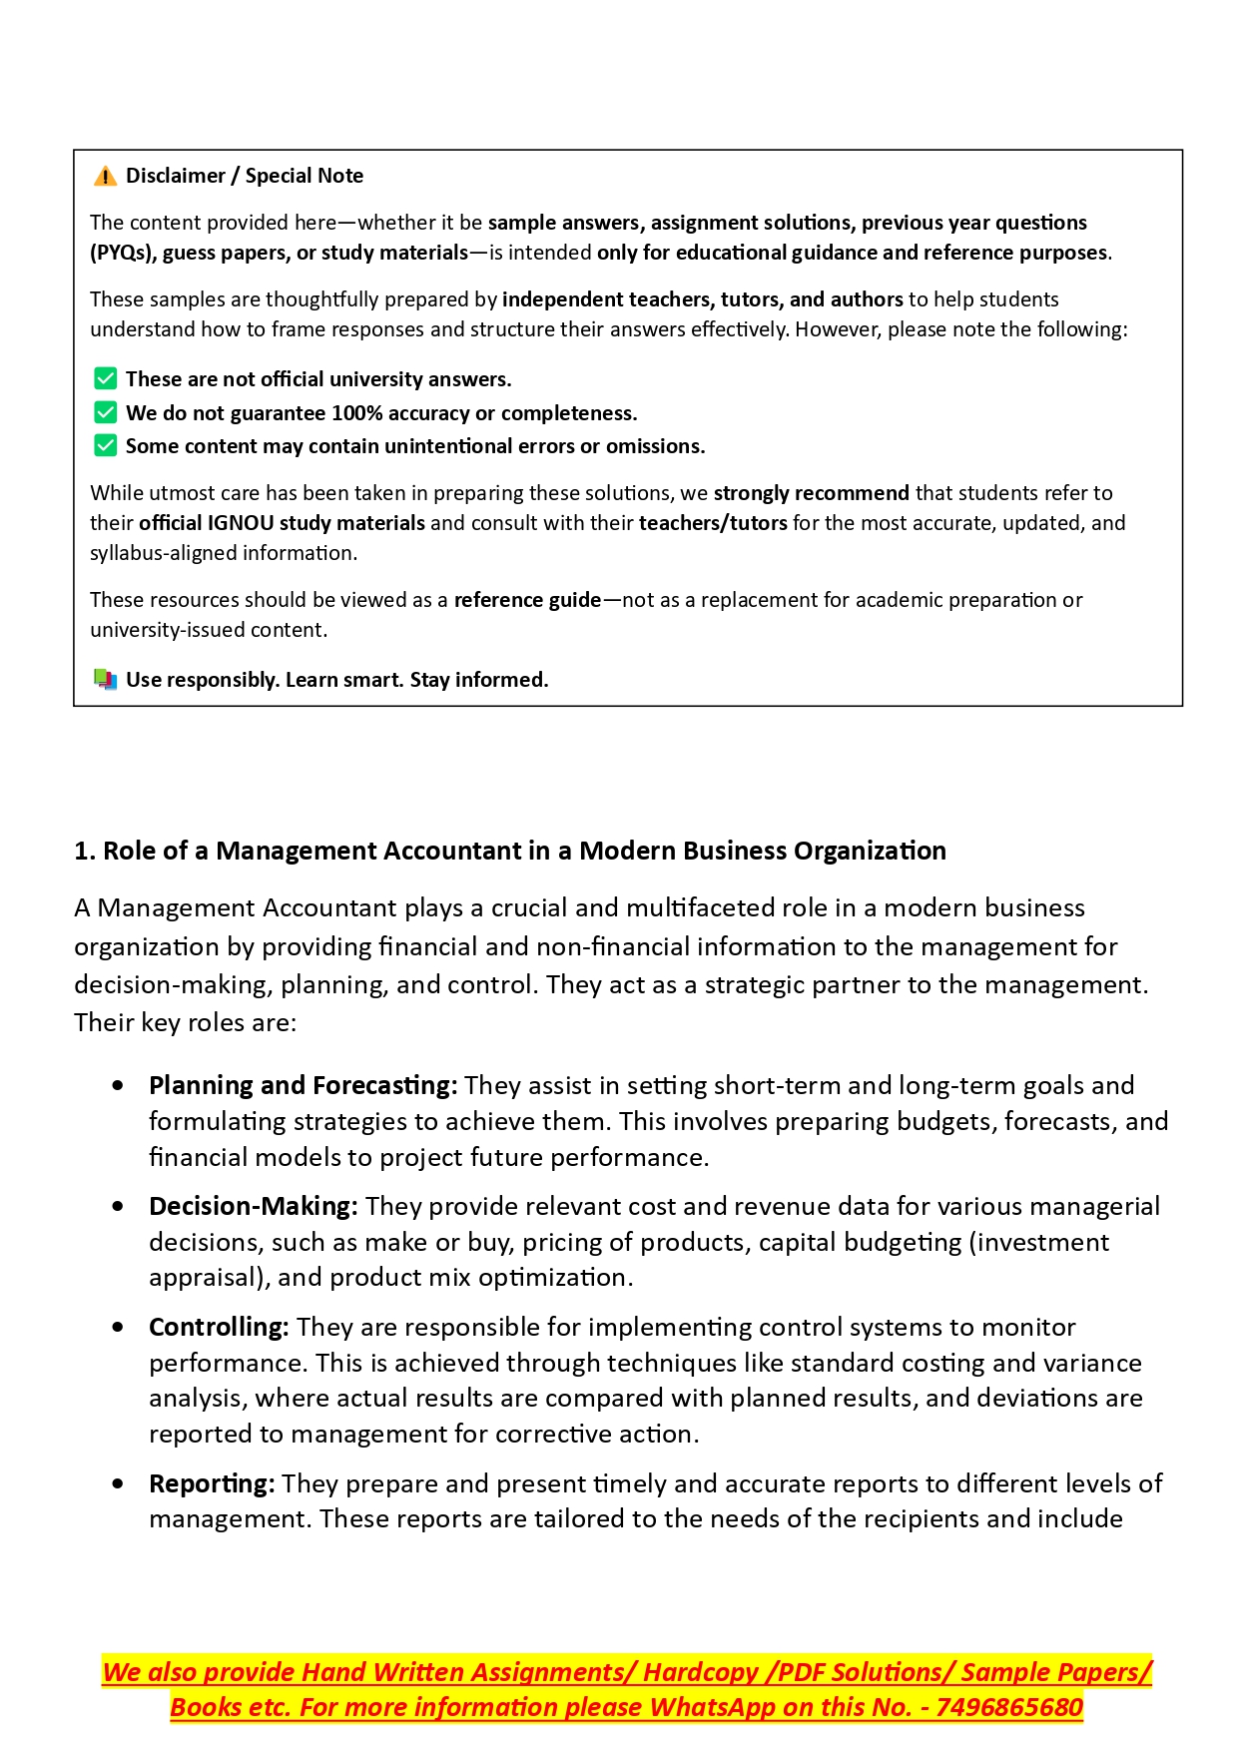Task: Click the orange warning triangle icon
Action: point(105,177)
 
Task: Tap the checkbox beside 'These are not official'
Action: point(105,379)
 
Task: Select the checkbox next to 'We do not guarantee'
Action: point(105,413)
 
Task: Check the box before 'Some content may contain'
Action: point(105,446)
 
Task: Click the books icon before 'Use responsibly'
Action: point(105,680)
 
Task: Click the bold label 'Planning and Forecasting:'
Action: point(303,1085)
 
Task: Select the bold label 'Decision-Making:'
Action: point(253,1206)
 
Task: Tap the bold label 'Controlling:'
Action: point(219,1327)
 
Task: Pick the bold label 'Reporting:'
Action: point(212,1483)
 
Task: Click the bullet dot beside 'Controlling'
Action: point(119,1328)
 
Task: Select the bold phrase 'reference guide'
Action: point(527,600)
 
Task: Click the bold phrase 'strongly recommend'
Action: point(811,493)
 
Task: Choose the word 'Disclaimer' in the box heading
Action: point(176,176)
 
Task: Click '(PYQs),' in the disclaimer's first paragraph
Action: point(123,253)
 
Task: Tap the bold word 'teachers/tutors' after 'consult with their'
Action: point(713,523)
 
